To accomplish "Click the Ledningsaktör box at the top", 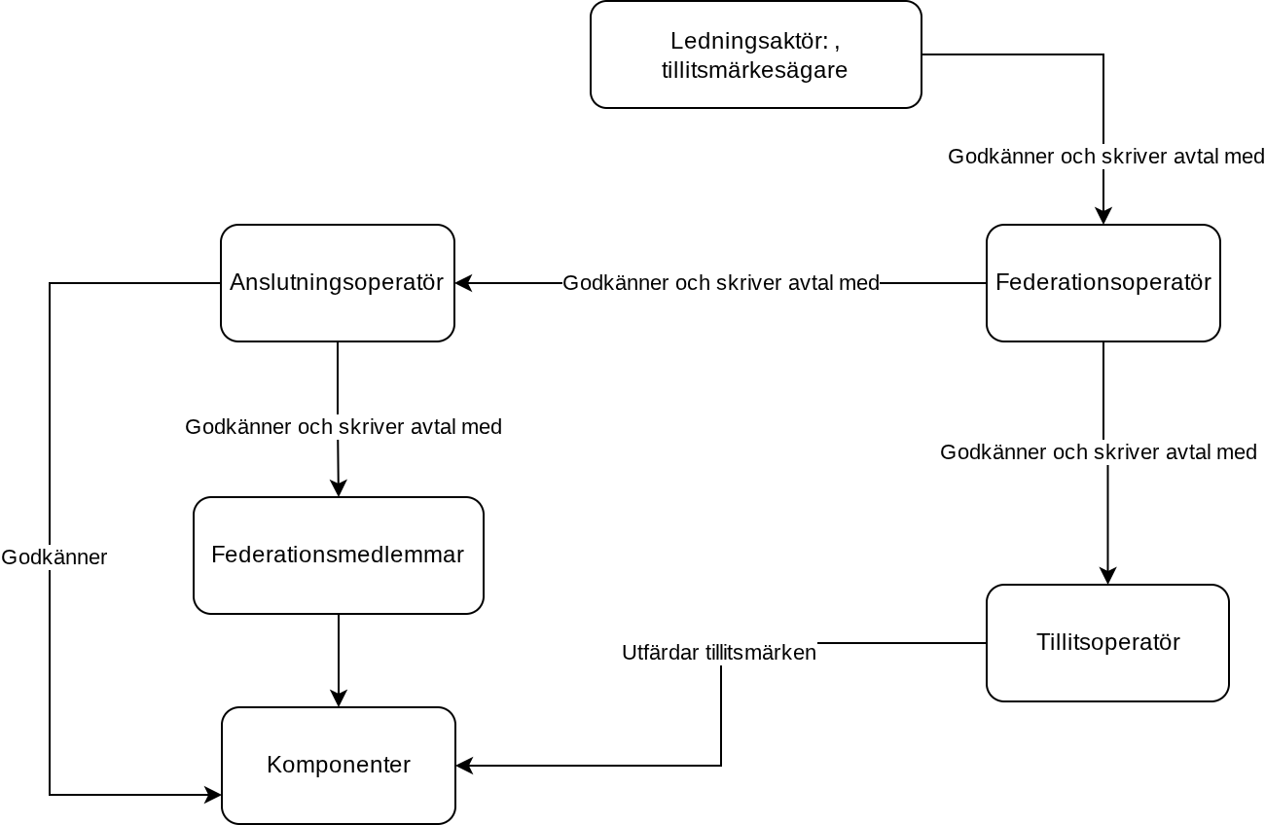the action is click(x=756, y=54).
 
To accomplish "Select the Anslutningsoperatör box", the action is click(x=337, y=283).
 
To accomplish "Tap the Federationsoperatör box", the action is click(x=1102, y=283).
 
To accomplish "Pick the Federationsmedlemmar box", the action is click(x=339, y=556).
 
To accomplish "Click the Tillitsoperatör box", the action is click(x=1107, y=643).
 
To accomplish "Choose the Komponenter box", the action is click(x=339, y=765).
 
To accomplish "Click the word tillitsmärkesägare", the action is click(x=754, y=70).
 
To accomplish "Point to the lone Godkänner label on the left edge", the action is click(x=54, y=557).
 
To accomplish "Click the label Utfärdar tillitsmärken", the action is click(x=719, y=653).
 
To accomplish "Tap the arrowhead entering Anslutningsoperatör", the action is click(x=463, y=283).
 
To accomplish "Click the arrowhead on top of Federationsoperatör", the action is click(x=1102, y=216).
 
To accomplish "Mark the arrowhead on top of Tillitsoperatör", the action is click(x=1107, y=576).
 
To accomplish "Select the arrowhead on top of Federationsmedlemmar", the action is click(x=339, y=488).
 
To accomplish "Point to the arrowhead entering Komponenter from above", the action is click(x=339, y=699).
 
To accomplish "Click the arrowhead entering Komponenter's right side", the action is click(x=464, y=766).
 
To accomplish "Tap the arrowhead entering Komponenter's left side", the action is click(x=213, y=795).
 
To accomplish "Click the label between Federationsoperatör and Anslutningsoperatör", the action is click(x=721, y=283).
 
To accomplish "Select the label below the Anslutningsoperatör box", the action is click(x=343, y=427).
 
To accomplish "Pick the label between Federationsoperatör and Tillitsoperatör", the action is click(x=1099, y=452).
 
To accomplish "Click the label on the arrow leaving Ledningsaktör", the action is click(x=1105, y=157).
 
